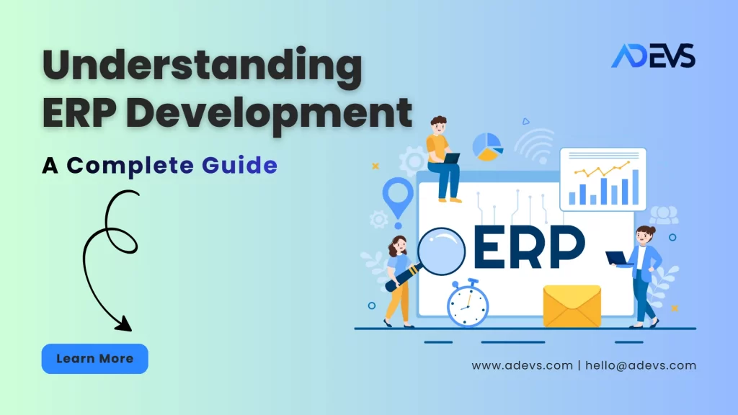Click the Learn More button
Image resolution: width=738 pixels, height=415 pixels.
(x=94, y=359)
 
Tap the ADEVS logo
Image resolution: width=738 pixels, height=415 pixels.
(x=653, y=55)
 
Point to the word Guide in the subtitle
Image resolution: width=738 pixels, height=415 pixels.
(x=240, y=165)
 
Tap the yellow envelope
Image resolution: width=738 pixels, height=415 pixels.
(x=572, y=306)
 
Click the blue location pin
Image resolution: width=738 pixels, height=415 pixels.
(x=398, y=195)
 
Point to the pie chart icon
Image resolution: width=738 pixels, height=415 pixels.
(x=487, y=146)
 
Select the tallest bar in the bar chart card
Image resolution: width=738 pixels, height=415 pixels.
(x=634, y=187)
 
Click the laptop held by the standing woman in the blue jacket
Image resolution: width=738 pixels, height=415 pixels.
(x=618, y=258)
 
